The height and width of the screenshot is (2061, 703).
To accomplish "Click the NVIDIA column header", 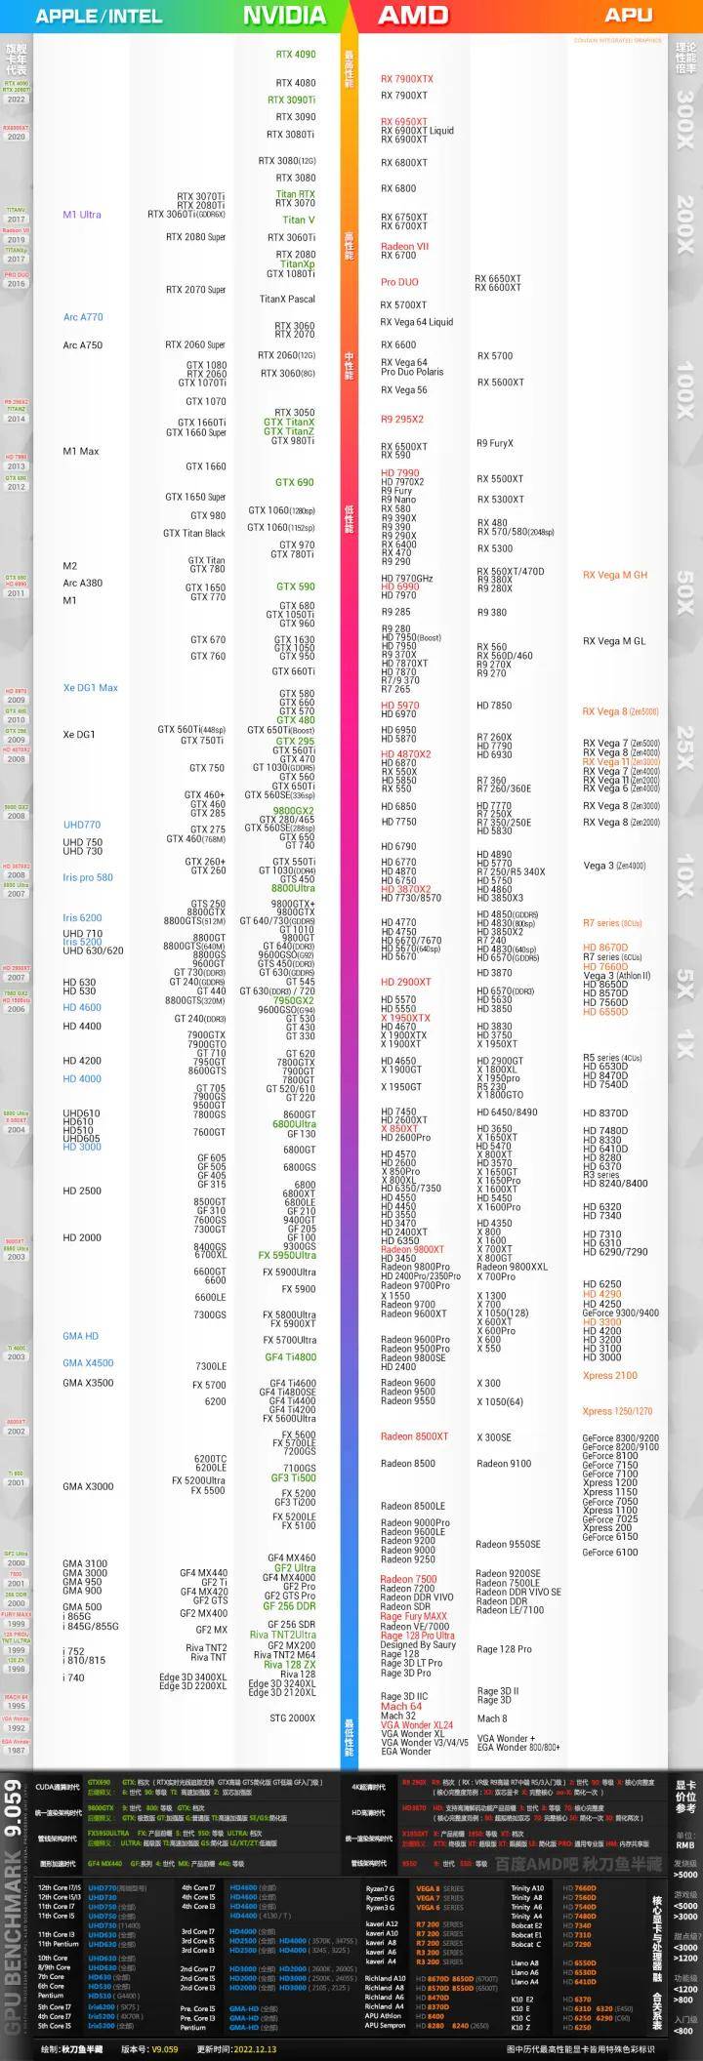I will tap(284, 16).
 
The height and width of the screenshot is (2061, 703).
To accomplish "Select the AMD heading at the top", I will tap(413, 16).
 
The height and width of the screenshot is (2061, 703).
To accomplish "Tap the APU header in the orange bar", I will tap(629, 16).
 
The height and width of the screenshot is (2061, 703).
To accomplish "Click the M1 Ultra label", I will tap(82, 215).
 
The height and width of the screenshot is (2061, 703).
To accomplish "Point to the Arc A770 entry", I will tap(83, 317).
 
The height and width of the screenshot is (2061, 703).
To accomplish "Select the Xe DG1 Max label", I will tap(90, 688).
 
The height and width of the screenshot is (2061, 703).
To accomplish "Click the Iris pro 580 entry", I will tap(88, 877).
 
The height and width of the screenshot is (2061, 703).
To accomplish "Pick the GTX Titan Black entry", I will tap(194, 534).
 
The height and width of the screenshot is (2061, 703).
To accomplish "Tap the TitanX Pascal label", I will tap(287, 300).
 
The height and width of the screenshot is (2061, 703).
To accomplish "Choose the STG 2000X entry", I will tap(292, 1717).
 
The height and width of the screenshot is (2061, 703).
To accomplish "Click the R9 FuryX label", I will tap(495, 444).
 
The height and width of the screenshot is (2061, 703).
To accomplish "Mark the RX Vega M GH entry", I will tap(615, 576).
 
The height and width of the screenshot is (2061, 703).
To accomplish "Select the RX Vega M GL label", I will tap(614, 641).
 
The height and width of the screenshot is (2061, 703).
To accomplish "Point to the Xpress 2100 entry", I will tap(610, 1376).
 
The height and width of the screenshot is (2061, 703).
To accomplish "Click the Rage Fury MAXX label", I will tap(413, 1616).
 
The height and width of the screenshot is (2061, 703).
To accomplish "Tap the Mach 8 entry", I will tap(492, 1718).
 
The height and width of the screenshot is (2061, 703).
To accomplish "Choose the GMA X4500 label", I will tap(88, 1363).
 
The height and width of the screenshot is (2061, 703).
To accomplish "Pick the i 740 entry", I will tap(73, 1677).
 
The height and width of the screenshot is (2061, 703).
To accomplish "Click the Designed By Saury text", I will tap(418, 1644).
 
